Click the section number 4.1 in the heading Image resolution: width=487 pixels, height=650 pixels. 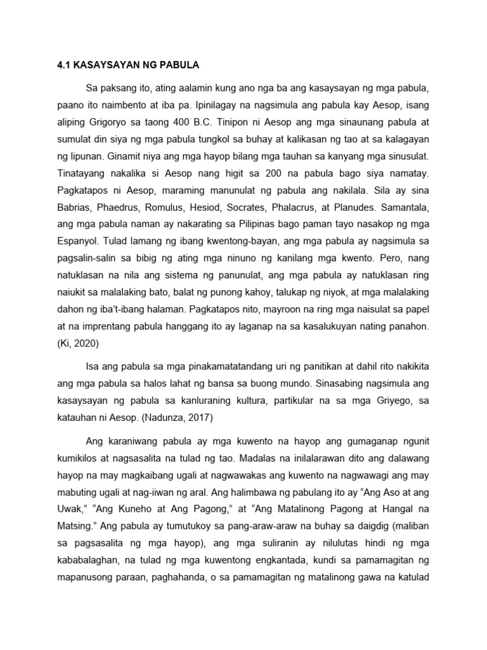click(x=59, y=63)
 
